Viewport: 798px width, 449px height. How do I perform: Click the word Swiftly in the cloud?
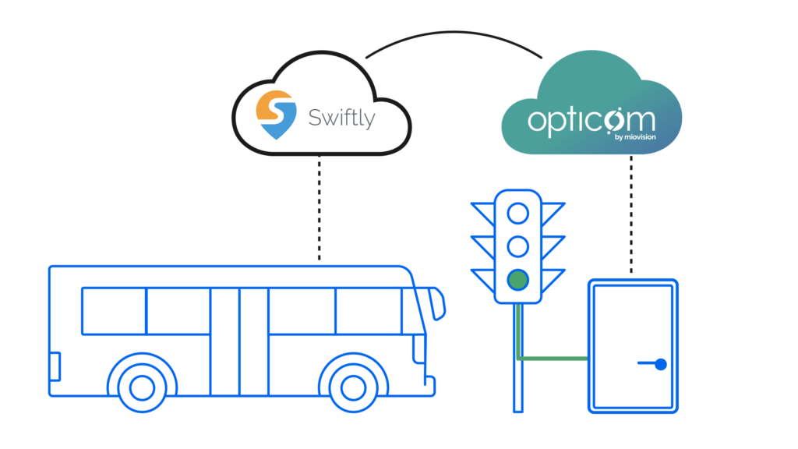point(341,118)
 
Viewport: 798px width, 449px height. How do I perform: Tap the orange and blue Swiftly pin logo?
point(277,115)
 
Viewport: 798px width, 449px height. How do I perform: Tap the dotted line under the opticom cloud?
point(630,214)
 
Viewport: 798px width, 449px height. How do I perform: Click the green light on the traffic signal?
point(517,279)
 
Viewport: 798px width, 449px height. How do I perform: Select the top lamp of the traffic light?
point(517,212)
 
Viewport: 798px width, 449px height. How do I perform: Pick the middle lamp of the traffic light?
point(517,246)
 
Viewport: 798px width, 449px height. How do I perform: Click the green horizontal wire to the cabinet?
point(553,359)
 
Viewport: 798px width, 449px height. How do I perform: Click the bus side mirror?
point(439,303)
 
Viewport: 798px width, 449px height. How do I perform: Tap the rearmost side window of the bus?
point(114,310)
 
